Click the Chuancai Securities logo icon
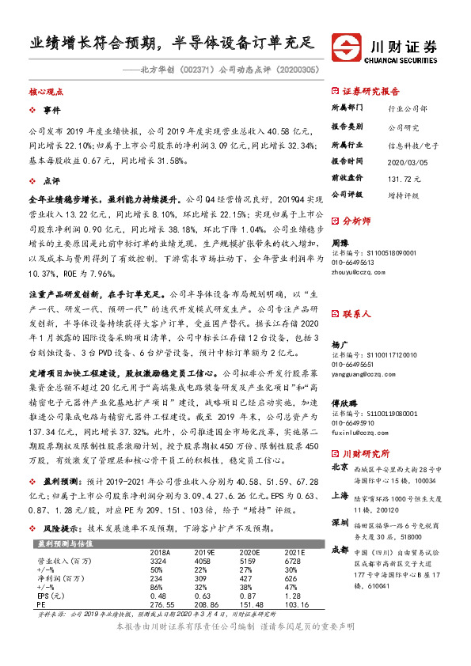pos(347,44)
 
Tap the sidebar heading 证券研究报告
pos(371,91)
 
